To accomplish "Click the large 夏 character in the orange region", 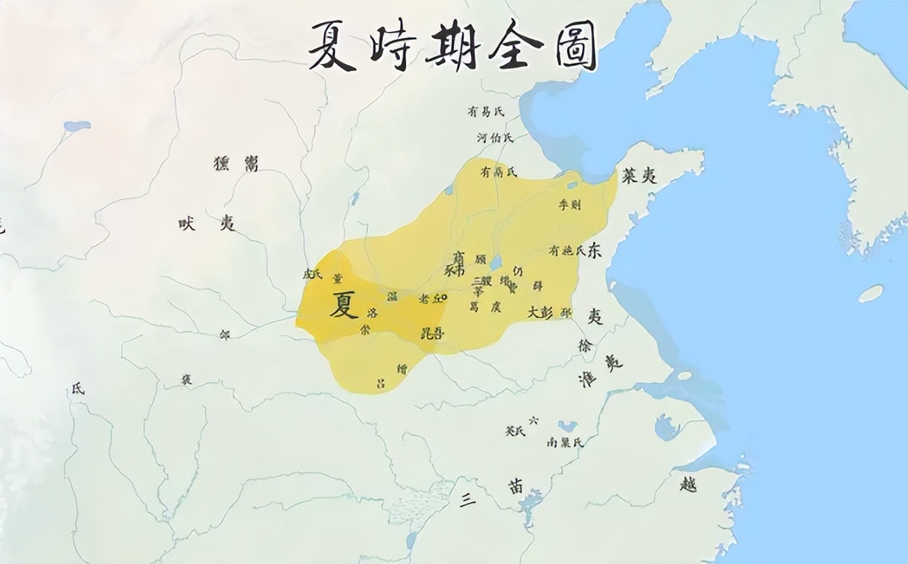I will pos(343,305).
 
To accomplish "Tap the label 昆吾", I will pos(432,334).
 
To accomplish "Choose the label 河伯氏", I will pos(494,138).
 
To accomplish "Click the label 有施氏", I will pos(567,250).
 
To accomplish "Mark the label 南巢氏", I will pos(565,442).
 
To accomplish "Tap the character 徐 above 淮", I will pos(584,345).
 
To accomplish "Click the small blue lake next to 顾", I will pos(495,263).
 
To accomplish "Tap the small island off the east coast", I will pos(870,293).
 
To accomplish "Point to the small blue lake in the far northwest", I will pos(76,126).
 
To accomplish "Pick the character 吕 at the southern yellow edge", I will pos(380,383).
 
